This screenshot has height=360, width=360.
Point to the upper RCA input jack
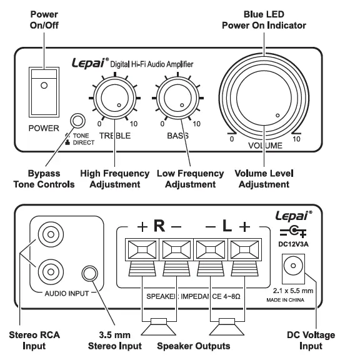(50, 236)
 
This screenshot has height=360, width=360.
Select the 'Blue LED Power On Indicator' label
(264, 20)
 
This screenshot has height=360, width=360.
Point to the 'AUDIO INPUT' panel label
(66, 292)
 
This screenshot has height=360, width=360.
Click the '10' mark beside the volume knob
(296, 139)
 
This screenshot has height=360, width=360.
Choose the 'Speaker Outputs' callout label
(192, 346)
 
